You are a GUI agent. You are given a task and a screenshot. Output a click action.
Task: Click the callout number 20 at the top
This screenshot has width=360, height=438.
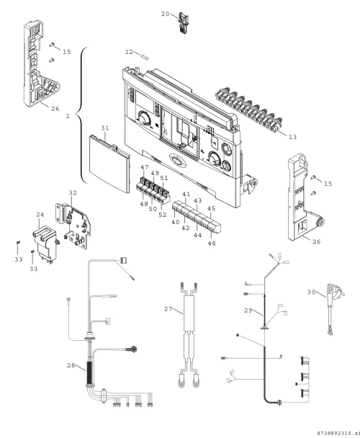tap(166, 14)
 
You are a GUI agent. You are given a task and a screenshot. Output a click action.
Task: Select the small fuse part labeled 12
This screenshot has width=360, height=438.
tap(145, 57)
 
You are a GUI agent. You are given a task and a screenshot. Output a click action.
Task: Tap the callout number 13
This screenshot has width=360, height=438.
tap(292, 137)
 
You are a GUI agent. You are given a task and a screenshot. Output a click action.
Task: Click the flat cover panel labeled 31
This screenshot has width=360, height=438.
tap(109, 164)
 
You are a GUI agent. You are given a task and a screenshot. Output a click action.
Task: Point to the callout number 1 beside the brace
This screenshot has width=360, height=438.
tap(68, 116)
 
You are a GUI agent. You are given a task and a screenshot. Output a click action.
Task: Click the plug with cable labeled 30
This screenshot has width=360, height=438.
tap(334, 308)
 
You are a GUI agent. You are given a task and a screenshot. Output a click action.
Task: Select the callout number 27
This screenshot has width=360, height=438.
tap(168, 309)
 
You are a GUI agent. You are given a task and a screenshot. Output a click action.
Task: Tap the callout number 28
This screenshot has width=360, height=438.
tap(71, 365)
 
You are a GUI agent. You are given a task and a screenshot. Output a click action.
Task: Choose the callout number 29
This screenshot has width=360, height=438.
tap(248, 310)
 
